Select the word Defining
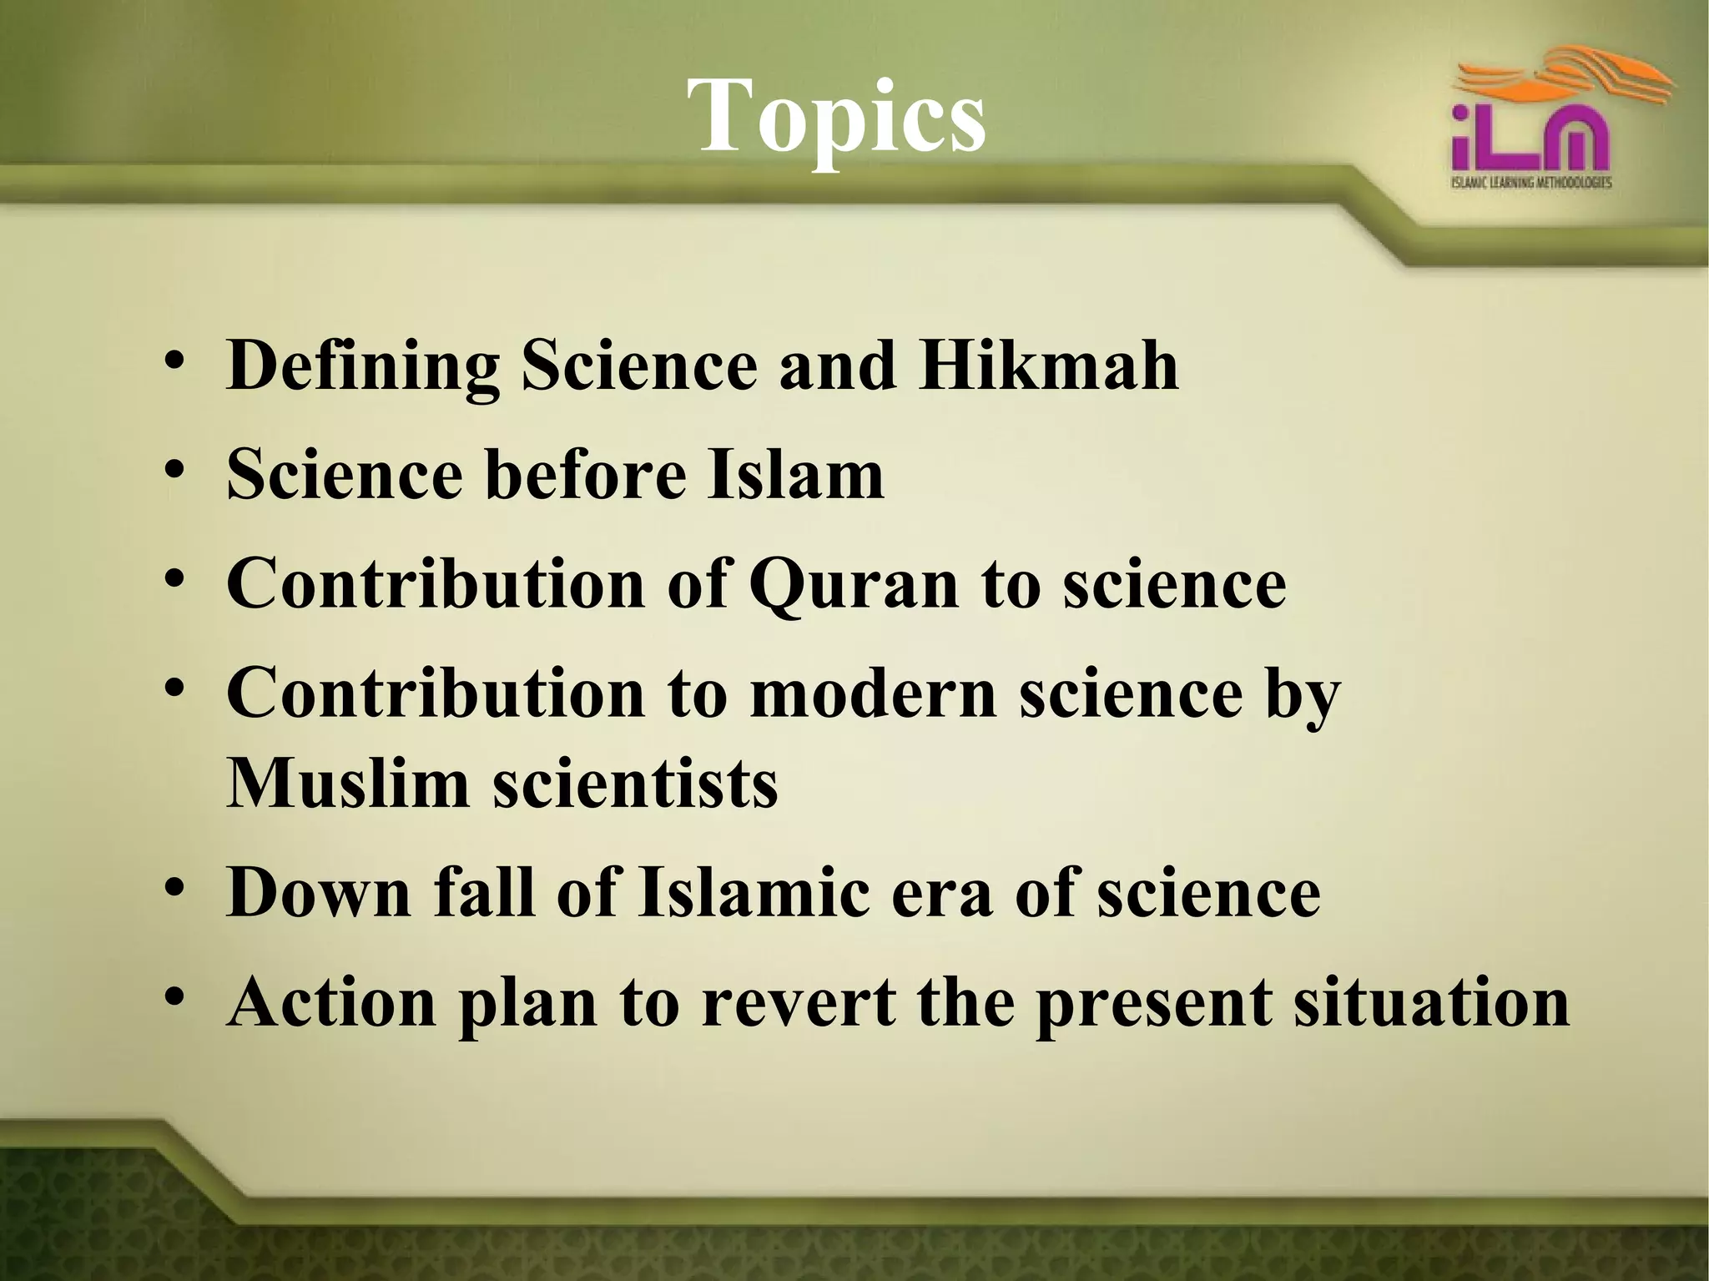(363, 367)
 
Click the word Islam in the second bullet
(795, 475)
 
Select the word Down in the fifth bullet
(320, 893)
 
